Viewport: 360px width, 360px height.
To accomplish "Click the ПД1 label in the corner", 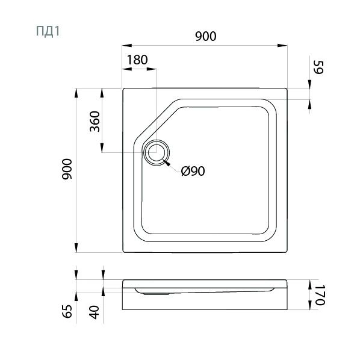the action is (x=48, y=31).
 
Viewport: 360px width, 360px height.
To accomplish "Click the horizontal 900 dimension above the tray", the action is (x=206, y=36).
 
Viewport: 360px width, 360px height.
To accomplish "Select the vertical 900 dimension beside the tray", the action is (x=67, y=169).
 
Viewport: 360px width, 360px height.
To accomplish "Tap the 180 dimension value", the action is (x=137, y=60).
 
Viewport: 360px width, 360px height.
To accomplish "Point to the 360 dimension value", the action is (x=95, y=122).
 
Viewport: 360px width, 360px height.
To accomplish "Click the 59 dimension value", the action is (x=318, y=67).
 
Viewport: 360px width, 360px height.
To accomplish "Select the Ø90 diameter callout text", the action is (x=193, y=171).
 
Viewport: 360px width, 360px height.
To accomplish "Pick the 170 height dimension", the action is (x=320, y=295).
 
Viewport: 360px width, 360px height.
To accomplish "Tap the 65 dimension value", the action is (x=67, y=311).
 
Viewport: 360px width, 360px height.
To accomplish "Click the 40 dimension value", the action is (x=95, y=312).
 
